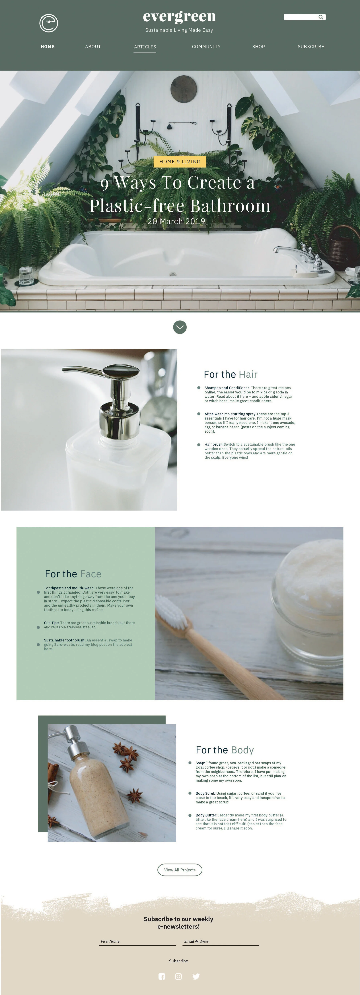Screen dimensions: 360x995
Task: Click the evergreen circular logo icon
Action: pos(49,23)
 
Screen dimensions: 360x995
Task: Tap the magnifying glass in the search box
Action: pos(321,17)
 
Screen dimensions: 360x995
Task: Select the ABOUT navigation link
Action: pos(93,47)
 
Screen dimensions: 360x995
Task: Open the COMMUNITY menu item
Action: pos(206,47)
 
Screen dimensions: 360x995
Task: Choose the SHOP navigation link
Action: pos(258,47)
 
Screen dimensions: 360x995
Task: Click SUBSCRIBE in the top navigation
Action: pos(311,47)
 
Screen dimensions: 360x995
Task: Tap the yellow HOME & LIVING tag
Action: pos(180,162)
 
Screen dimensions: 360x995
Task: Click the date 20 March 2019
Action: pos(176,221)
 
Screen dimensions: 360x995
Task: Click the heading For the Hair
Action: pos(231,374)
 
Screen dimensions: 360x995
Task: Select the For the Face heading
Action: pos(73,574)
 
